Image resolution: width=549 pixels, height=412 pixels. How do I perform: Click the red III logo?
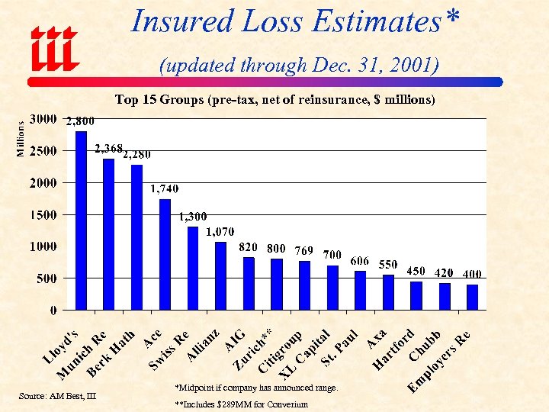53,47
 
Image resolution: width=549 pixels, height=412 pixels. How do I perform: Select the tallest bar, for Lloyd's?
81,220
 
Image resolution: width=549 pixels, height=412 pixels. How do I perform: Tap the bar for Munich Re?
108,234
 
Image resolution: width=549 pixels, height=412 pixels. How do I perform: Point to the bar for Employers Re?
472,297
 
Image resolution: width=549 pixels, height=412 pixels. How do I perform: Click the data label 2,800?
79,121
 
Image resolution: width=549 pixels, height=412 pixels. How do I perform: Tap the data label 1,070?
220,232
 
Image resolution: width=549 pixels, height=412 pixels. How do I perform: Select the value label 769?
303,249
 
